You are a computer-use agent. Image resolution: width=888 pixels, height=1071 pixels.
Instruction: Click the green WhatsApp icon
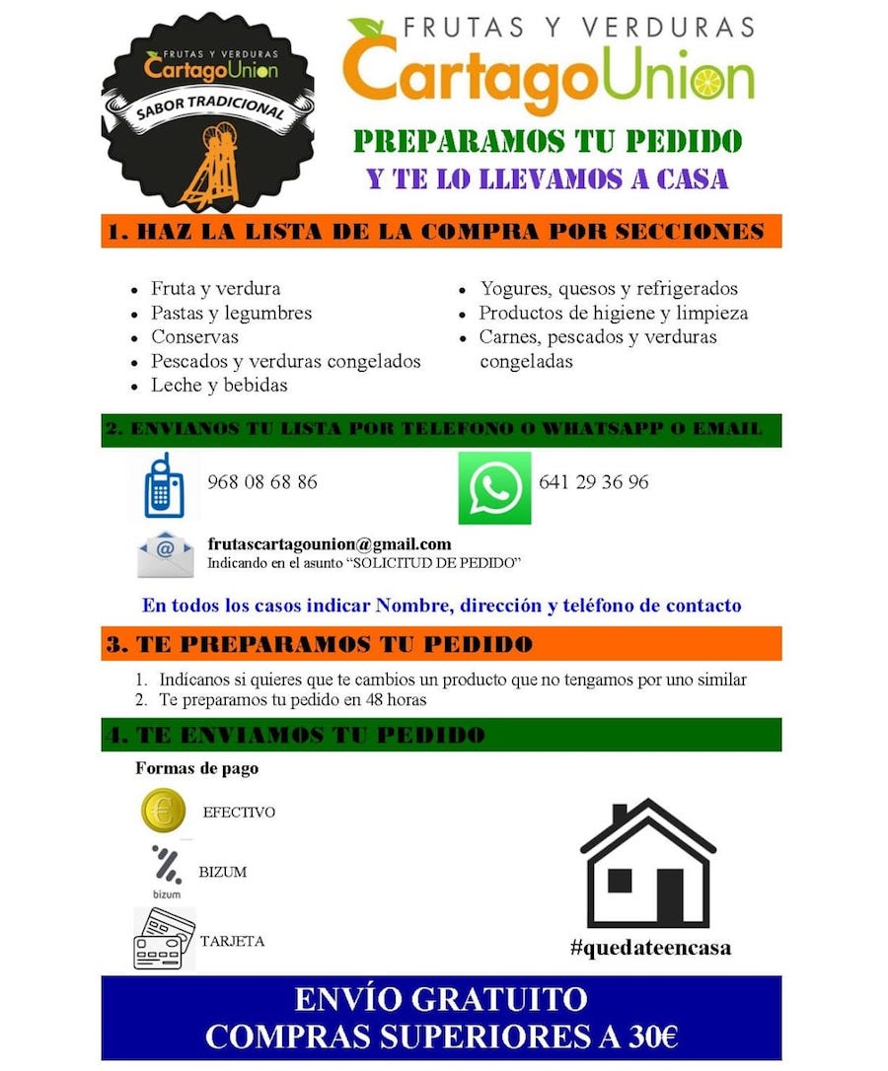[494, 487]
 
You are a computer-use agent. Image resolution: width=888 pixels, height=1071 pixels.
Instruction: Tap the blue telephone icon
[163, 486]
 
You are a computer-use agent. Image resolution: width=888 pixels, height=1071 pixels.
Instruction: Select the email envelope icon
[166, 554]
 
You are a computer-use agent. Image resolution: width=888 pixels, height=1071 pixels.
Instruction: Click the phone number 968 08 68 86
[262, 482]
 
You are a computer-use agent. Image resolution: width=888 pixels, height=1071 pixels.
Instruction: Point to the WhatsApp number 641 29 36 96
[594, 482]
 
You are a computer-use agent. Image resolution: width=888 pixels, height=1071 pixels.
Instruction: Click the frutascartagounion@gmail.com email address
[330, 543]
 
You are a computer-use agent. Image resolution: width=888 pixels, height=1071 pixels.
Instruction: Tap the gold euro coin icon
[164, 812]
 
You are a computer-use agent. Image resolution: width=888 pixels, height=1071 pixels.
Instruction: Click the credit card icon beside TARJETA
[164, 939]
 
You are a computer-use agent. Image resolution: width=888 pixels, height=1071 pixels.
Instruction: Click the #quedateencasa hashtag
[650, 948]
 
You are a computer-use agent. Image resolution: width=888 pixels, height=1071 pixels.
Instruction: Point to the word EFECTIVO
[239, 813]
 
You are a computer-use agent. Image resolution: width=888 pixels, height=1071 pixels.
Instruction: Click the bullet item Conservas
[194, 336]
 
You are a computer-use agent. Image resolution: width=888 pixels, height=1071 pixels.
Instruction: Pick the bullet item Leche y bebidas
[219, 385]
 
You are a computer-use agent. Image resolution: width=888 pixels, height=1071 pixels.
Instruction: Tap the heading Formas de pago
[196, 768]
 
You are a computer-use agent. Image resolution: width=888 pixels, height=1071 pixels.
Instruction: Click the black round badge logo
[208, 116]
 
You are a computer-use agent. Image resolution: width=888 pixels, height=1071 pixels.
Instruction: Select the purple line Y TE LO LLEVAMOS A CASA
[548, 178]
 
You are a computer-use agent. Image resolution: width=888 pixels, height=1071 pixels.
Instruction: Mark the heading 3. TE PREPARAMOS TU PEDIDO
[320, 644]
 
